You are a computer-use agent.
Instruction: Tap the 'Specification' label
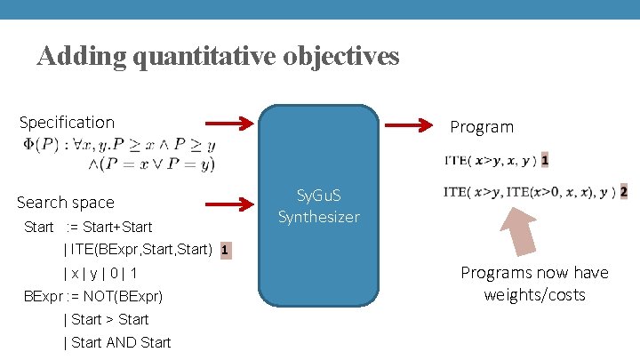point(67,123)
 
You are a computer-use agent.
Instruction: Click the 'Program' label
point(482,127)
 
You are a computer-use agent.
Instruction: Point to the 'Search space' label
point(66,203)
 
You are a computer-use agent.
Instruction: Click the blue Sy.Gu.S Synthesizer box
point(319,206)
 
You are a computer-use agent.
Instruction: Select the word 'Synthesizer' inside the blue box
point(319,216)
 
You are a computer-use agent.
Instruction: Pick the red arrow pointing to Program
point(413,125)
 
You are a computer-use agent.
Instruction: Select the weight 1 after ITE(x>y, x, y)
point(544,161)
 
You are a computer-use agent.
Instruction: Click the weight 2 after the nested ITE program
point(623,191)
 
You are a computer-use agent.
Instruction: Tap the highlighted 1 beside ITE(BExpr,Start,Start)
point(226,251)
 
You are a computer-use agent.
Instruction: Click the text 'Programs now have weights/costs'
point(534,284)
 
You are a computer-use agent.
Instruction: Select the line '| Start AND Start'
point(117,342)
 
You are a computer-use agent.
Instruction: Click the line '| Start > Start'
point(107,319)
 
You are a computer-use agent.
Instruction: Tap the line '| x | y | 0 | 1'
point(100,273)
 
